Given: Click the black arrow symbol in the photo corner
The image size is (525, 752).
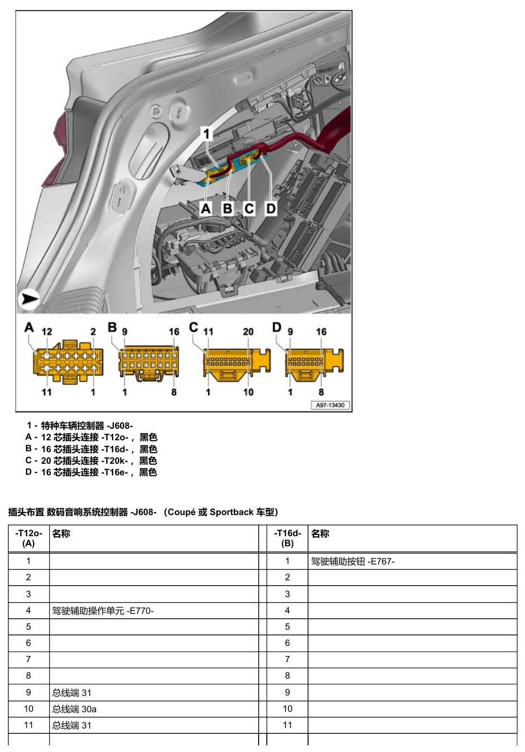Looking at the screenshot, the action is [29, 298].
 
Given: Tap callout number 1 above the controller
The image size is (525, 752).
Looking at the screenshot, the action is [206, 134].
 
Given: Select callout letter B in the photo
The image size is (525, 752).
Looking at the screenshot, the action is [227, 209].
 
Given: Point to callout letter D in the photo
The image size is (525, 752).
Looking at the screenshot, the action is [271, 209].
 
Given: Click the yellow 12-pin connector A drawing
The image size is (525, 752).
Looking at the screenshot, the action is [69, 362].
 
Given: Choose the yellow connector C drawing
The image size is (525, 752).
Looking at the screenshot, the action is [237, 365].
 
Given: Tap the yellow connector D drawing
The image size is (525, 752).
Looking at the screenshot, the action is [314, 365].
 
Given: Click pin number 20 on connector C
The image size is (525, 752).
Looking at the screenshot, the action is [248, 332].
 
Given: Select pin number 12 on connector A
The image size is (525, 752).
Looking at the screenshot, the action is [47, 332].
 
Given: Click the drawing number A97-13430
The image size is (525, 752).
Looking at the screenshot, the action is [330, 405].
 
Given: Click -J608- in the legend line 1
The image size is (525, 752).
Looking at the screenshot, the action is [119, 426].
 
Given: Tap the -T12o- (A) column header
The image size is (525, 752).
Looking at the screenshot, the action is [28, 539].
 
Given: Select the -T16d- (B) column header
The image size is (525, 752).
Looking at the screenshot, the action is [287, 539].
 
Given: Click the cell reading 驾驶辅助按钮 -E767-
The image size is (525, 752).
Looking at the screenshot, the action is [353, 561].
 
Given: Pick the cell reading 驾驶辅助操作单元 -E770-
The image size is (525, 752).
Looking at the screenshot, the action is [103, 611].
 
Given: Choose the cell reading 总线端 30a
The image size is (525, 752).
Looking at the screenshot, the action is [74, 709].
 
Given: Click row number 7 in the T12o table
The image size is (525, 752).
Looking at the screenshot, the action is [28, 659].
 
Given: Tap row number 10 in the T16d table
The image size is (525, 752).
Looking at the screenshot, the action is [287, 709].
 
